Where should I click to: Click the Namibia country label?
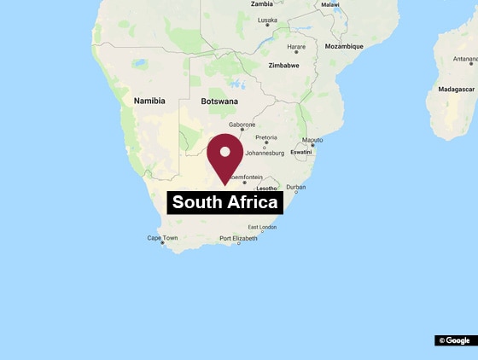click(149, 101)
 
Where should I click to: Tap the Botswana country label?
click(219, 102)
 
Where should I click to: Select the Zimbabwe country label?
click(283, 65)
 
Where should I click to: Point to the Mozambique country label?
click(344, 46)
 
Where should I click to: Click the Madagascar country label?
click(455, 89)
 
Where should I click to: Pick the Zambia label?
click(262, 4)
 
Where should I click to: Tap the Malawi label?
click(329, 4)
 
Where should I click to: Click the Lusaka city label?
click(267, 20)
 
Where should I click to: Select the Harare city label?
click(296, 47)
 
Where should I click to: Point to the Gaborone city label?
click(242, 125)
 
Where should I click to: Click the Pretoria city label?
click(265, 137)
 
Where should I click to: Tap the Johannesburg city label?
click(265, 154)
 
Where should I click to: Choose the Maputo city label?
click(312, 140)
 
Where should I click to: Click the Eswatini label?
click(302, 152)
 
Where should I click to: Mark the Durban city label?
click(295, 187)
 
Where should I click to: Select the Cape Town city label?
click(162, 238)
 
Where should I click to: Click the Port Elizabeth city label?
click(238, 238)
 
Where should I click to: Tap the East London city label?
click(262, 227)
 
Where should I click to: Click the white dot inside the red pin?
click(225, 152)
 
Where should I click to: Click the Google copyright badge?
click(454, 340)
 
